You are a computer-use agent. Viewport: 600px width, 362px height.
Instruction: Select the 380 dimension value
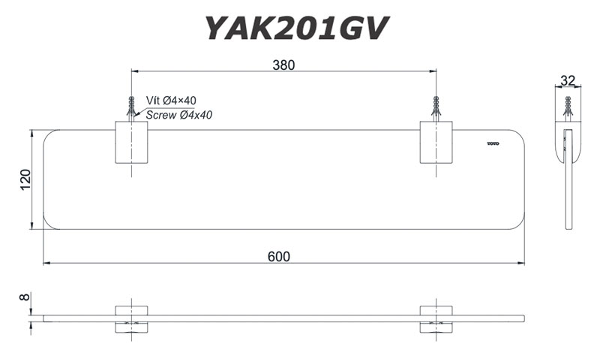(283, 65)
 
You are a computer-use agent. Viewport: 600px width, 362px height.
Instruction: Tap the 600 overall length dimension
(279, 256)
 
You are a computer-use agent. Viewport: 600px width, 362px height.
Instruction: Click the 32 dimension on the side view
(567, 80)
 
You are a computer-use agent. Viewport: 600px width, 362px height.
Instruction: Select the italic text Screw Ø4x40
(179, 115)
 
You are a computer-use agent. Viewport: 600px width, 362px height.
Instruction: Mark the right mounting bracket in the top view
(436, 142)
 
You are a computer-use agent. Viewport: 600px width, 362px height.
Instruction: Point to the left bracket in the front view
(131, 318)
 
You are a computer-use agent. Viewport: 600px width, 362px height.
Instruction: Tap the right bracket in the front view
(436, 318)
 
